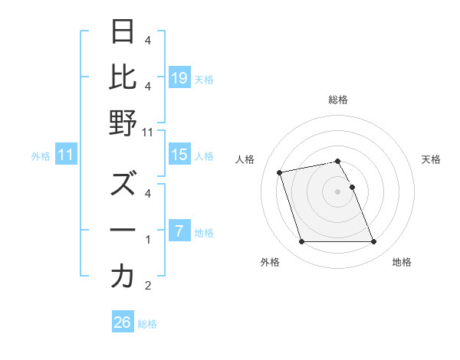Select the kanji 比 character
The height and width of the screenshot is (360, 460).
[x=123, y=77]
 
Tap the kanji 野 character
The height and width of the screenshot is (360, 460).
[x=123, y=123]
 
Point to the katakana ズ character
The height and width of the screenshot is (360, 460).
[x=123, y=185]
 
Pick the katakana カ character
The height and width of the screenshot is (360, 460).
[x=123, y=277]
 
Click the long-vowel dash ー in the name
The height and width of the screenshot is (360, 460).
[x=123, y=231]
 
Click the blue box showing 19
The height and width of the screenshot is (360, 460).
[x=179, y=78]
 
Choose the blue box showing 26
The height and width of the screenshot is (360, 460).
[x=123, y=322]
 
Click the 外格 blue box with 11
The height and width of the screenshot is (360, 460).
[x=66, y=155]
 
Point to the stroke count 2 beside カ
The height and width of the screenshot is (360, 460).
[x=148, y=286]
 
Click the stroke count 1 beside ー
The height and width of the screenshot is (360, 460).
[x=148, y=241]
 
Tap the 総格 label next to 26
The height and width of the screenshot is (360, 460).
[x=147, y=324]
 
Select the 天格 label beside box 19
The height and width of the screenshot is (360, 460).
[x=204, y=79]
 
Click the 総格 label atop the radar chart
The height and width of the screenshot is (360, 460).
[x=337, y=100]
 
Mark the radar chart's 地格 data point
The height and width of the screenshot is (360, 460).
[x=373, y=242]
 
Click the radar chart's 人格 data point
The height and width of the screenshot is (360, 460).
[x=280, y=172]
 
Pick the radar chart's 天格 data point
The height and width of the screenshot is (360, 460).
[x=352, y=187]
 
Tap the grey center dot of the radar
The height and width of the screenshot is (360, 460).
[x=337, y=191]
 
